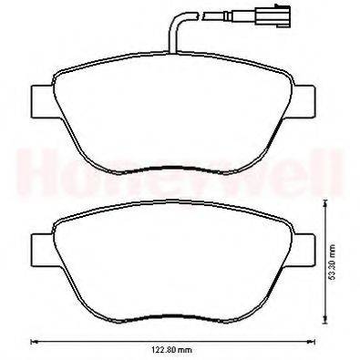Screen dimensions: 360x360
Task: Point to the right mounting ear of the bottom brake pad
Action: tap(305, 245)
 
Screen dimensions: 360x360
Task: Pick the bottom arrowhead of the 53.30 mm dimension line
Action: tap(325, 320)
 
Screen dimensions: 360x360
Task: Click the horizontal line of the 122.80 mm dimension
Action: tap(109, 342)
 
